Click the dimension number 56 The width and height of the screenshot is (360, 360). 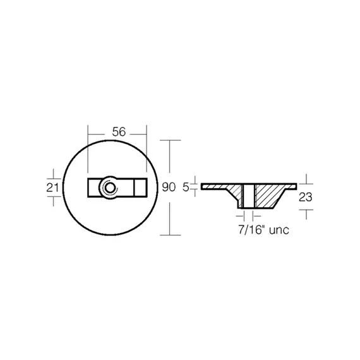(x=119, y=132)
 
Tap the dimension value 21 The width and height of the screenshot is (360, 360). (x=53, y=188)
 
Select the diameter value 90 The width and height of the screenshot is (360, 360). (x=169, y=187)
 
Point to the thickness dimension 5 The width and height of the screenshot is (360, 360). (x=186, y=188)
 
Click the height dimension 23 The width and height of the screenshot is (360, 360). (x=305, y=197)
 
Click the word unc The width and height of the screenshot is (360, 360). (x=279, y=231)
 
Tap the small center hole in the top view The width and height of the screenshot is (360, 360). (x=109, y=188)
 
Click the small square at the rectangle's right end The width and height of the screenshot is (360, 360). (x=140, y=188)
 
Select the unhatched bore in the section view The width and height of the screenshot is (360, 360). (x=249, y=196)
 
